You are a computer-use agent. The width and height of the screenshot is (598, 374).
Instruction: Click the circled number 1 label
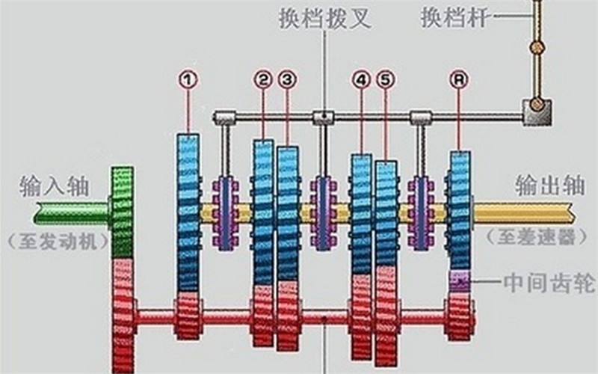(188, 79)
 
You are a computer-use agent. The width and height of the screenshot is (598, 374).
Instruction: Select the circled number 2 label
(263, 79)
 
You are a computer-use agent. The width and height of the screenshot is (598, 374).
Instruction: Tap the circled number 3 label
(287, 79)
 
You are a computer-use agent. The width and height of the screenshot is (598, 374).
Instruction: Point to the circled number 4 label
(362, 79)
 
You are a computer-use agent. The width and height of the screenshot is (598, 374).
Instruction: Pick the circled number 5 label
(386, 79)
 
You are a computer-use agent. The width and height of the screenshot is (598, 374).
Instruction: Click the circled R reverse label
(458, 79)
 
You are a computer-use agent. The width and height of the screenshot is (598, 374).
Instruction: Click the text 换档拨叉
(325, 18)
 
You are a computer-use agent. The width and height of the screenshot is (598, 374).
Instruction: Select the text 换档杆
(454, 16)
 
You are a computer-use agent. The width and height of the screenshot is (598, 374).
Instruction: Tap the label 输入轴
(54, 186)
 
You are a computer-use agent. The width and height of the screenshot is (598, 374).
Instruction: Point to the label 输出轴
(550, 186)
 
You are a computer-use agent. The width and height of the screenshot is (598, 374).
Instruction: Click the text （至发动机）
(58, 242)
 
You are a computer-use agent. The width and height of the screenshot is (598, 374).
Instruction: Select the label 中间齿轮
(549, 283)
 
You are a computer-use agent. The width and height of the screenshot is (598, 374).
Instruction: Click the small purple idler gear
(460, 281)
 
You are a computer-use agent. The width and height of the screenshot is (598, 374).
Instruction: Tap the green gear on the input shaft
(123, 212)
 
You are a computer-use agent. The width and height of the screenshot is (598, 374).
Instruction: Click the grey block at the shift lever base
(537, 111)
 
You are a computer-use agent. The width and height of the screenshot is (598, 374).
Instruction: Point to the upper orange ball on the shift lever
(537, 48)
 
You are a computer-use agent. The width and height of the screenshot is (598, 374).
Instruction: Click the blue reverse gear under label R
(460, 211)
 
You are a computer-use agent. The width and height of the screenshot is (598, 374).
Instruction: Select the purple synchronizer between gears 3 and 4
(324, 213)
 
